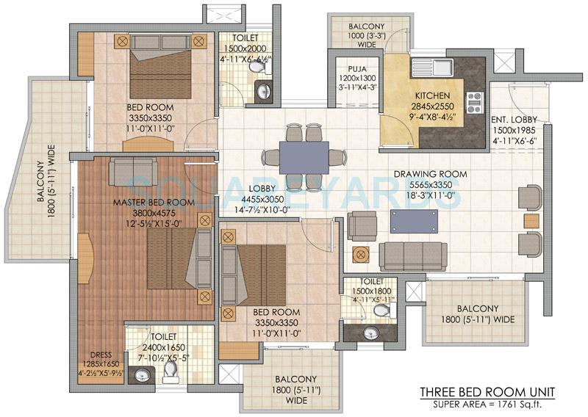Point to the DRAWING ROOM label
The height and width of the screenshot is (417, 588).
(x=431, y=175)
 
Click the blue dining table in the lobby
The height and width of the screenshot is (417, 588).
(x=304, y=156)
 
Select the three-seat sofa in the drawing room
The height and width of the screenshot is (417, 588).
(x=412, y=255)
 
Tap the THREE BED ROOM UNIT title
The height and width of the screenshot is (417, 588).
(x=487, y=391)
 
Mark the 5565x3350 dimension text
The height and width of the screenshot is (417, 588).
(x=431, y=185)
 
